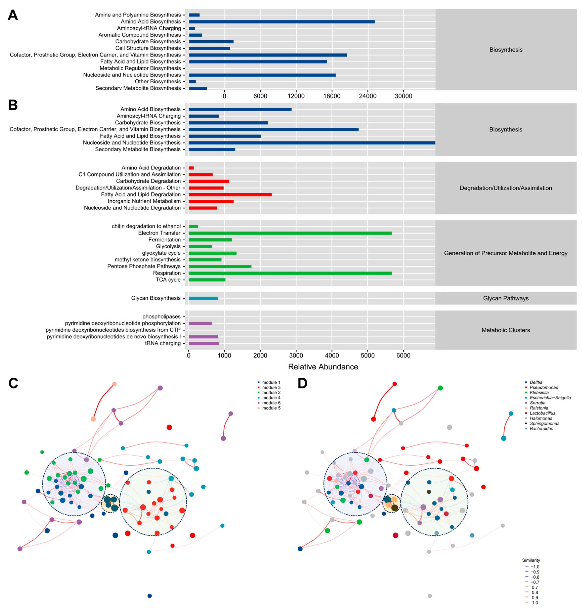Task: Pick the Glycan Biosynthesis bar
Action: tap(203, 298)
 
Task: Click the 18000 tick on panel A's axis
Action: tap(332, 96)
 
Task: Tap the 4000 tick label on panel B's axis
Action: tap(332, 355)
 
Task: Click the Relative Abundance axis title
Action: tap(323, 367)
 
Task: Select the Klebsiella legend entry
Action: tap(539, 393)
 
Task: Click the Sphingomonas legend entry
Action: tap(545, 423)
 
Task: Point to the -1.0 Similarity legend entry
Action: tap(534, 567)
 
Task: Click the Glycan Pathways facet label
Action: tap(506, 298)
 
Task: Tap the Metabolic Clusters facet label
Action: tap(506, 330)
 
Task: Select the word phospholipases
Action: tap(161, 316)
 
